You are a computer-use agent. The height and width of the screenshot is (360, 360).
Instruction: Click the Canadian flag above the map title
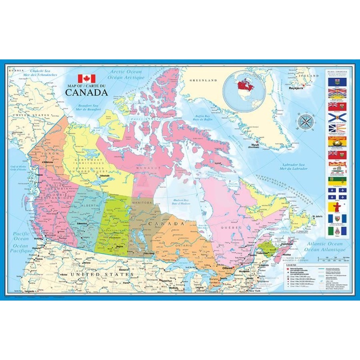(x=86, y=78)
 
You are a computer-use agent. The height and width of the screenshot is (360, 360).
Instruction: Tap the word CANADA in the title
(x=86, y=93)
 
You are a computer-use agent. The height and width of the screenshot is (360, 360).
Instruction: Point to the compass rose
(x=305, y=121)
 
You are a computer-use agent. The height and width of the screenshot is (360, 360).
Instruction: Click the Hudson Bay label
(x=180, y=201)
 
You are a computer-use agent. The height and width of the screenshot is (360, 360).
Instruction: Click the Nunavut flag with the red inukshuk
(x=333, y=207)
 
